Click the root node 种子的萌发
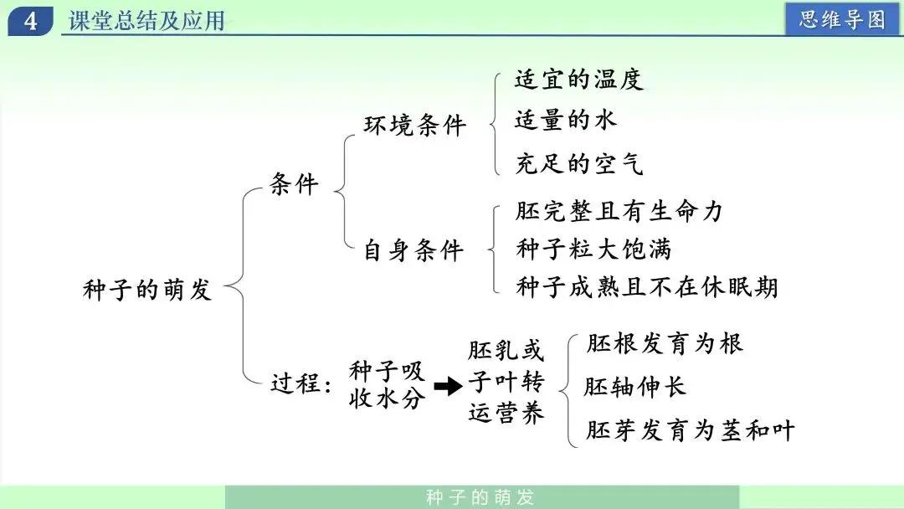[148, 290]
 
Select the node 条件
[295, 184]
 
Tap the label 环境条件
[414, 126]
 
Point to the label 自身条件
[414, 249]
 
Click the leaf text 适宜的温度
[579, 80]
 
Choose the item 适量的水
[566, 121]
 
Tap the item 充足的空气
[579, 162]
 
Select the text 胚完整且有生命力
[619, 211]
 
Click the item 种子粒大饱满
[593, 249]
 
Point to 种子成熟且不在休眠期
[647, 287]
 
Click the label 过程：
[302, 384]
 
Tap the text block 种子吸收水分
[387, 384]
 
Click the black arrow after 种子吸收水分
[449, 386]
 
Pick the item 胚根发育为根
[665, 343]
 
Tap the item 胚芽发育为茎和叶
[690, 430]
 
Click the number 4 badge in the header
[31, 20]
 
